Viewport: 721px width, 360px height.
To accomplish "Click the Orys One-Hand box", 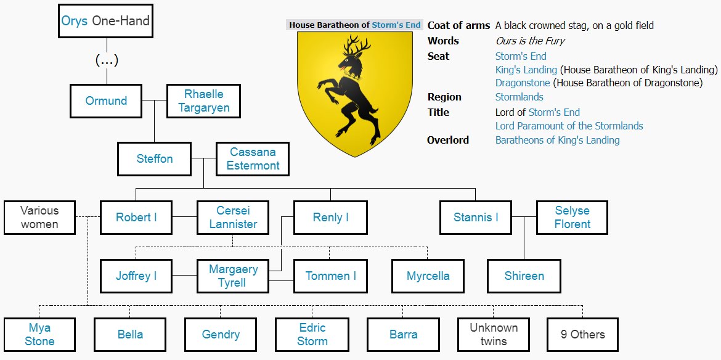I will point(105,22).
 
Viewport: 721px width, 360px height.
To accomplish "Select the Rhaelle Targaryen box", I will point(203,102).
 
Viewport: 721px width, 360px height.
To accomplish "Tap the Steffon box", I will point(154,159).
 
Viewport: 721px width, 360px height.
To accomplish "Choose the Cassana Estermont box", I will point(252,159).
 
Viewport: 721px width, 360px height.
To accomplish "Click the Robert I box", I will point(136,218).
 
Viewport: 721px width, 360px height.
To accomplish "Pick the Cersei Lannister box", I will point(233,218).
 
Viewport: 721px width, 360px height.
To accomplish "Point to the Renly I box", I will point(330,218).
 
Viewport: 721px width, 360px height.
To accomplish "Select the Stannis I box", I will point(475,218).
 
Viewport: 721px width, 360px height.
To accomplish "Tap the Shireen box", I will point(524,276).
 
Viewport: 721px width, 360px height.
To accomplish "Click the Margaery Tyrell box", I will point(233,276).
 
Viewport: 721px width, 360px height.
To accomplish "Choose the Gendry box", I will point(221,335).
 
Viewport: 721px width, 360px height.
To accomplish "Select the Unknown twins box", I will point(494,335).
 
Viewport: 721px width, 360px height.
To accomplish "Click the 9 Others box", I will point(582,335).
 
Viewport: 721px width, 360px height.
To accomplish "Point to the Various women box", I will point(39,218).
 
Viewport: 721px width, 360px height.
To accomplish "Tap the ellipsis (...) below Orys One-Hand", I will point(107,60).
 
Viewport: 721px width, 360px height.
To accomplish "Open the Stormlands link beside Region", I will point(519,97).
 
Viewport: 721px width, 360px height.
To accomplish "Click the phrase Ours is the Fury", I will point(530,41).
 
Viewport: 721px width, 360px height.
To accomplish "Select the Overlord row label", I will point(448,141).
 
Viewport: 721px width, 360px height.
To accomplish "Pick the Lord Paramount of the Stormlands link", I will point(569,126).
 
